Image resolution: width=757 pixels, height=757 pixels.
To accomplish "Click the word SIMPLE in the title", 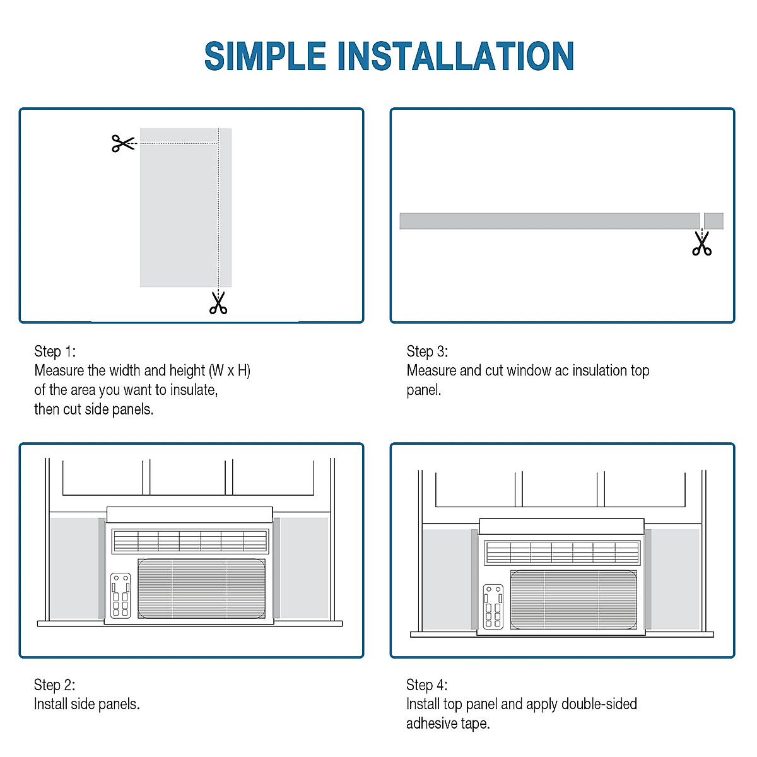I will click(265, 56).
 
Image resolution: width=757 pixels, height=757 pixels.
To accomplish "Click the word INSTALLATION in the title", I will click(455, 56).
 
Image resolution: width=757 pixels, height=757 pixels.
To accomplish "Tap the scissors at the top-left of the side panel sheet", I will click(123, 143).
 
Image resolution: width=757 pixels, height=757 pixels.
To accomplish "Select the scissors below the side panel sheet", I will click(218, 302).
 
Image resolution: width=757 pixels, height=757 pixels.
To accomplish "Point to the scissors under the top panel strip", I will click(701, 243).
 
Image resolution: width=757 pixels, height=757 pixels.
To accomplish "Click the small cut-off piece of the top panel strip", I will click(713, 221).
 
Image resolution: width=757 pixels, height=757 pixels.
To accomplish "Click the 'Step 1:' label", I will click(55, 351).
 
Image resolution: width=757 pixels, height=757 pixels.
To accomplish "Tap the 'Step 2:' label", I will click(55, 685).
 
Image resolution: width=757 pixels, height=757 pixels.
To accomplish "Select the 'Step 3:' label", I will click(427, 351).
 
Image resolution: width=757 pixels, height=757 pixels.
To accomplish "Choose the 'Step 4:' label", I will click(427, 685).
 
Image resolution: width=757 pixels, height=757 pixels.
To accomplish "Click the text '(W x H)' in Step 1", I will click(230, 370).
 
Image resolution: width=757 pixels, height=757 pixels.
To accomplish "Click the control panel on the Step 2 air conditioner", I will click(120, 595).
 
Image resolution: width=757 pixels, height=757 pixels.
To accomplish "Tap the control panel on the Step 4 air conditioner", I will click(493, 606).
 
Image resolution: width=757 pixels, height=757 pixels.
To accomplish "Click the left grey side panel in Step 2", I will click(74, 568).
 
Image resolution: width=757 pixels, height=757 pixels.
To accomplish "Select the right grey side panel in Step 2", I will click(304, 568).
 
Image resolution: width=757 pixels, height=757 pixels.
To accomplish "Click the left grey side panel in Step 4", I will click(447, 579).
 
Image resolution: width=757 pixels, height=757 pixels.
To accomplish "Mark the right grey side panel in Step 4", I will click(675, 579).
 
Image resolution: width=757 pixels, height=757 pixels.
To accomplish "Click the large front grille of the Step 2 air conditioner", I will click(201, 589).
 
